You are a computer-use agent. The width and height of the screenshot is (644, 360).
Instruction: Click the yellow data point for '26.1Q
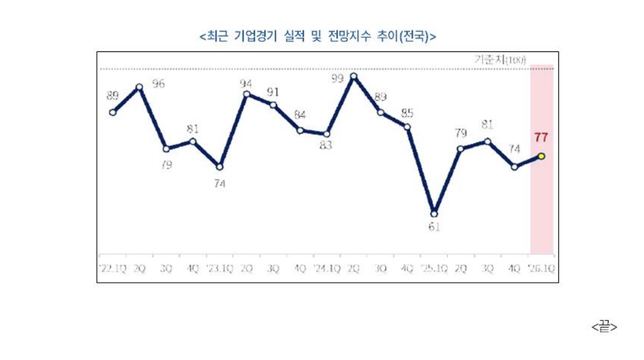point(541,156)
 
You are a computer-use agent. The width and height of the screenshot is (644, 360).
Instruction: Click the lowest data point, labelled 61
point(434,213)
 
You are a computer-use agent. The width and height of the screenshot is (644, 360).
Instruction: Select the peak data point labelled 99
point(354,76)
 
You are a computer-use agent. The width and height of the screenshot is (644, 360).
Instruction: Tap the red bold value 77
point(541,137)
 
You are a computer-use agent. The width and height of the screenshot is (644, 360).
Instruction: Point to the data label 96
point(158,85)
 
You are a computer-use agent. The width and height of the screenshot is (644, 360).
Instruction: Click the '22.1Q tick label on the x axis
point(113,269)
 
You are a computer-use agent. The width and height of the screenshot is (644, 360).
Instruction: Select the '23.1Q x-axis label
point(219,269)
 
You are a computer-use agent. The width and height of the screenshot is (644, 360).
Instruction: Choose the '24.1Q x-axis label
point(327,269)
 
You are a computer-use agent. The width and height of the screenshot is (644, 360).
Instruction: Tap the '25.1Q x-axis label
point(434,269)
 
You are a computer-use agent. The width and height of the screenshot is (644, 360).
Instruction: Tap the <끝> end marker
point(604,327)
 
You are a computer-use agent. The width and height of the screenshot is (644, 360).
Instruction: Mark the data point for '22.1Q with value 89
point(113,112)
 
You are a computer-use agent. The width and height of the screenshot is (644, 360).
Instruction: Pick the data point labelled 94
point(246,94)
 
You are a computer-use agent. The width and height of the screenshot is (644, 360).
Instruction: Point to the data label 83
point(325,146)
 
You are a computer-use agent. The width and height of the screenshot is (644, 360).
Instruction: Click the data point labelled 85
point(407,127)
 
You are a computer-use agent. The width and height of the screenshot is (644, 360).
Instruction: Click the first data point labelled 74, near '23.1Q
point(219,166)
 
